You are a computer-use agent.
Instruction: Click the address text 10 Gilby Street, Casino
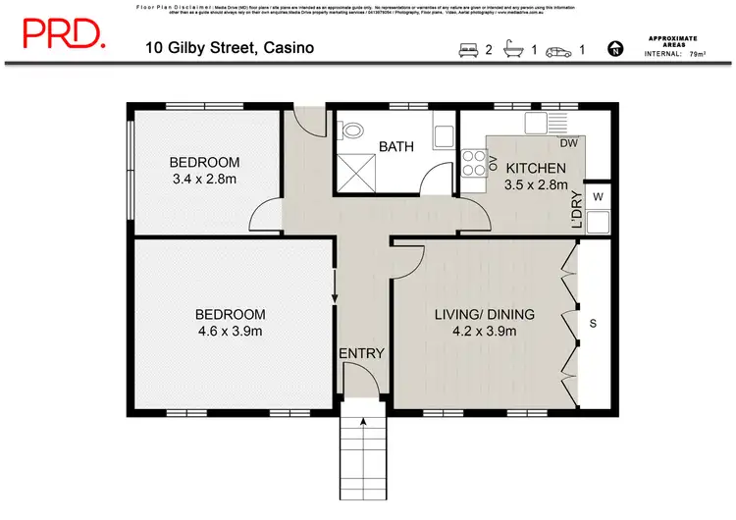231,47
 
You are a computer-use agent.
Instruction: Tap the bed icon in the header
467,48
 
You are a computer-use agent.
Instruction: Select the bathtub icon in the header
513,48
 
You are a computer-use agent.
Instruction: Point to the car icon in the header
558,48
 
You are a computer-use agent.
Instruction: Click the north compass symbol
615,48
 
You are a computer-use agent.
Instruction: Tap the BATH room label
396,147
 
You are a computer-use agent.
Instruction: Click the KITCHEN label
536,168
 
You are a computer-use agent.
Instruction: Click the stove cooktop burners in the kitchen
475,162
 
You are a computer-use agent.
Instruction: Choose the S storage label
593,323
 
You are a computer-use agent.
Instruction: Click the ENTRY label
361,354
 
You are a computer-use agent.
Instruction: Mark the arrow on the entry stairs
364,423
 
